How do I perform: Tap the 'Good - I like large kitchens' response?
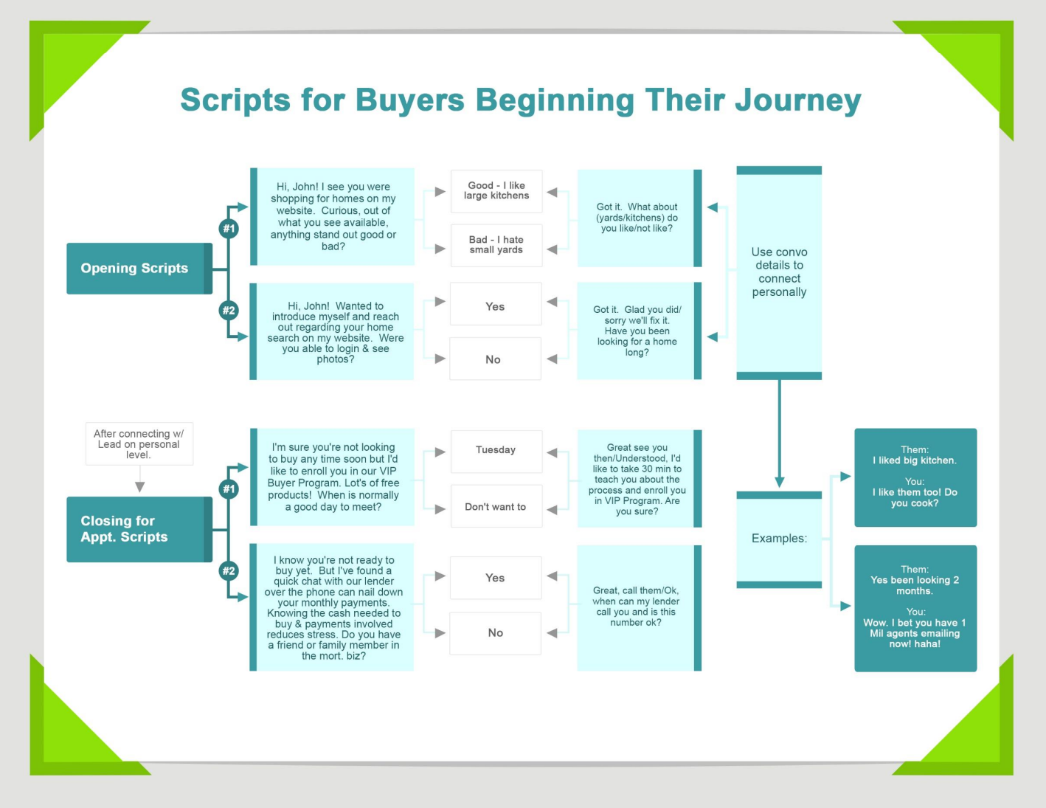[496, 190]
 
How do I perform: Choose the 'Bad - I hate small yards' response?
[496, 244]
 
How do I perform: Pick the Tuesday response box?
[496, 450]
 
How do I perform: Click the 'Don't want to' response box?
[496, 507]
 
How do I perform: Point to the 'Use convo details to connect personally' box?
[779, 272]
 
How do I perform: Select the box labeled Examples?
[779, 539]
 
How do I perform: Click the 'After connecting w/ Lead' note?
[139, 444]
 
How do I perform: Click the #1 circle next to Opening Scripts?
[229, 229]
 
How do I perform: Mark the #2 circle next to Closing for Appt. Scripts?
[229, 570]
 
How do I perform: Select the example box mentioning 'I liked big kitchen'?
[915, 477]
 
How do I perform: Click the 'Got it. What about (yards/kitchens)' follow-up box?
[638, 218]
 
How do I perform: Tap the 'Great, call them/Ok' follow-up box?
[638, 607]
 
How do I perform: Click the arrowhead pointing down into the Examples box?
[779, 482]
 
